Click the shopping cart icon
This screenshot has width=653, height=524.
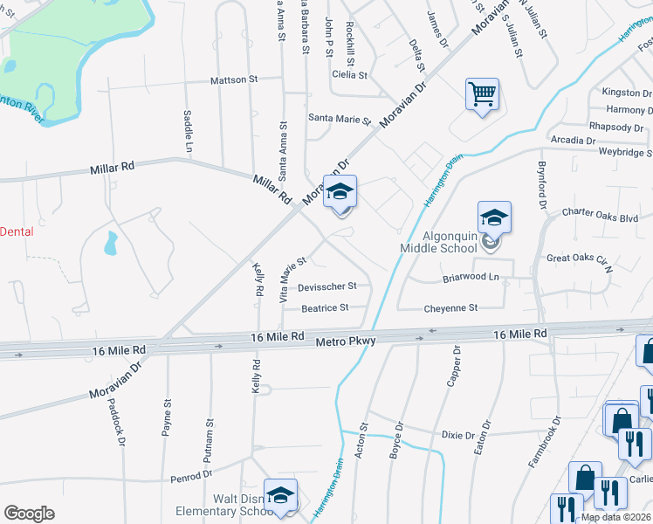coord(483,93)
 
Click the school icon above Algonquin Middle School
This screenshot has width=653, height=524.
coord(494,218)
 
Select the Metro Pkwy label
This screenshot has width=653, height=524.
coord(346,341)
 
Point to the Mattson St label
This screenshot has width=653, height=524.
coord(235,80)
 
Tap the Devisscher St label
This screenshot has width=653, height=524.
coord(327,286)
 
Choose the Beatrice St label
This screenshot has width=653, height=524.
coord(325,307)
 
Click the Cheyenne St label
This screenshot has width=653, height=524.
coord(450,308)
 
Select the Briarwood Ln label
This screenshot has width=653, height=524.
coord(471,278)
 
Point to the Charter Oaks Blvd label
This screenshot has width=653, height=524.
coord(600,211)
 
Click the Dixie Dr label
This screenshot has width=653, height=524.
coord(457,435)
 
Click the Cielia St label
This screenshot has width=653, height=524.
coord(349,75)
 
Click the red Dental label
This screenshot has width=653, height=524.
coord(17,231)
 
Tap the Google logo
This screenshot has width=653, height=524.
coord(29,514)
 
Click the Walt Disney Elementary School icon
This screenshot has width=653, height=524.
coord(281,495)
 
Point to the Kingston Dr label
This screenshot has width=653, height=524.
coord(622,92)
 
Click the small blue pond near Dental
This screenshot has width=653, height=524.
coord(111,244)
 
